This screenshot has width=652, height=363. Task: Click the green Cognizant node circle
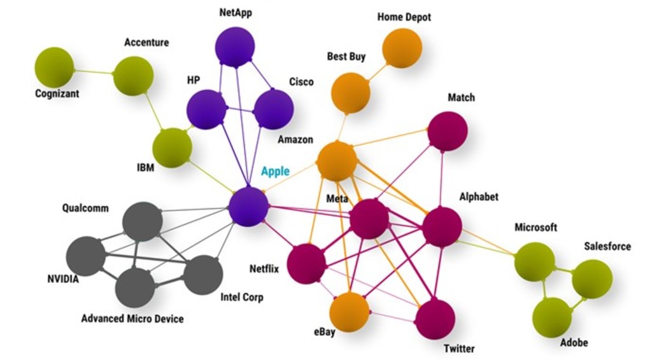(x=53, y=67)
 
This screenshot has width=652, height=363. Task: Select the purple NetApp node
(x=234, y=46)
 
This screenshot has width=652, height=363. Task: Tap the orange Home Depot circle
(x=402, y=48)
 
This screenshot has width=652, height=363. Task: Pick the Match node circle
(x=447, y=131)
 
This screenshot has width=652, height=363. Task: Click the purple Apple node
(x=248, y=207)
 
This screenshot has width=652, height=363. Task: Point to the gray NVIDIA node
(x=85, y=256)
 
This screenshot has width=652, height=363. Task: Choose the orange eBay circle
(x=349, y=312)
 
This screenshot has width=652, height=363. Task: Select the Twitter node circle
(x=435, y=318)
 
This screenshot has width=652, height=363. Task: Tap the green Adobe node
(x=551, y=317)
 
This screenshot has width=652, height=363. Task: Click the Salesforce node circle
(x=592, y=279)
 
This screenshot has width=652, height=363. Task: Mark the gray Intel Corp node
(x=202, y=275)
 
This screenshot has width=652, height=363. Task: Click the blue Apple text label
(x=275, y=171)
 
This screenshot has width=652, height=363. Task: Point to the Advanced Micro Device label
(x=132, y=318)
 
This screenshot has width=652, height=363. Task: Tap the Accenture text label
(x=146, y=43)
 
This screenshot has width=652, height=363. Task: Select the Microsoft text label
(x=535, y=227)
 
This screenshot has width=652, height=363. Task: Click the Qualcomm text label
(x=85, y=208)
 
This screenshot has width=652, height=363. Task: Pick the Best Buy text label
(x=346, y=57)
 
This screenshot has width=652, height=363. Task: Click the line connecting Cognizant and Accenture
(x=94, y=72)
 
